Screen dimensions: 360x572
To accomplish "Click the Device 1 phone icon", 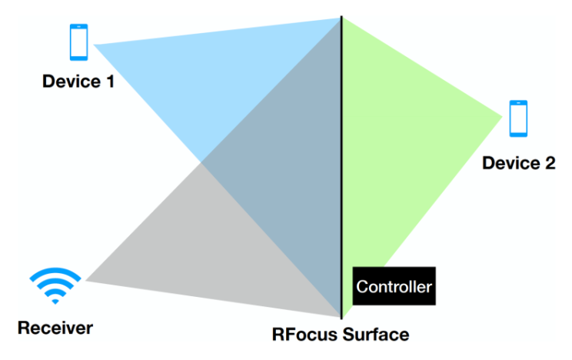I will click(78, 42).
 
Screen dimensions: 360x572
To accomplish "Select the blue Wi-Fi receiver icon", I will click(55, 286).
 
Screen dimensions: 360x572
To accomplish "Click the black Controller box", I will click(394, 287).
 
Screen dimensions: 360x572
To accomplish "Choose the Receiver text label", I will click(55, 328).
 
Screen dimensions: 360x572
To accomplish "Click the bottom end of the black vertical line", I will click(341, 317).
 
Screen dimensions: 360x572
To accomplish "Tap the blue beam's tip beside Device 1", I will click(95, 45).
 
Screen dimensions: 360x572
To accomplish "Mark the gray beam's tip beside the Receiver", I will click(88, 280).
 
